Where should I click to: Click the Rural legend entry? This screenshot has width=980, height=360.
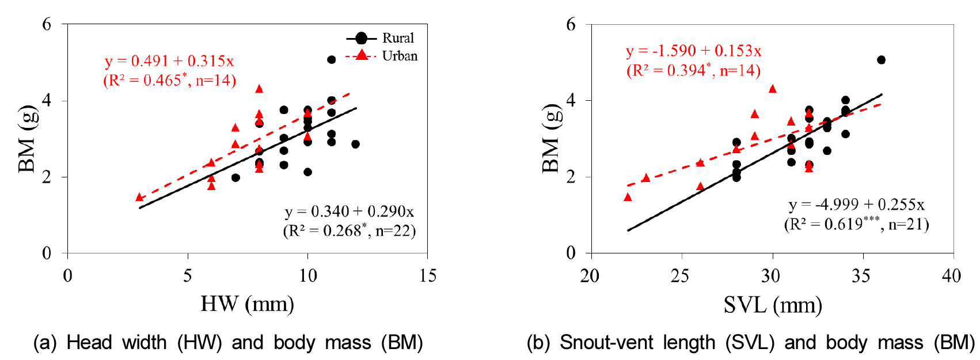tap(397, 38)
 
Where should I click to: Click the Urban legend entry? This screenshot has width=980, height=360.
tap(399, 56)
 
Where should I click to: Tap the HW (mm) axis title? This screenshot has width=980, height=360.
tap(247, 304)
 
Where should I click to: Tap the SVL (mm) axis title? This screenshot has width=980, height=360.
tap(772, 305)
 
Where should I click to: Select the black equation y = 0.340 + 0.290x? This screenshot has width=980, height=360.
tap(349, 212)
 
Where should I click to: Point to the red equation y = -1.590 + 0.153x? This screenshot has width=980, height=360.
tap(693, 51)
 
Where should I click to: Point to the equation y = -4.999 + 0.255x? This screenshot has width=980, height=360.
tap(856, 204)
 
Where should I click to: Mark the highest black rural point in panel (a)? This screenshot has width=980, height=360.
tap(331, 60)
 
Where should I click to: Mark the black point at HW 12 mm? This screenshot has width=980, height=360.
tap(355, 144)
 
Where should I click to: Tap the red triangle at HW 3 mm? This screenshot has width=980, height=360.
tap(139, 198)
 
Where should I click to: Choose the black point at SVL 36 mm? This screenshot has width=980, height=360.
tap(881, 60)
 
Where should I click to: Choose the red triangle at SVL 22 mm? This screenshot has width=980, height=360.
tap(628, 198)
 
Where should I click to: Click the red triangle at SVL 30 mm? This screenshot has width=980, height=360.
tap(773, 89)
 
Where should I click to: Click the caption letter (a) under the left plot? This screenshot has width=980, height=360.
tap(45, 343)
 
